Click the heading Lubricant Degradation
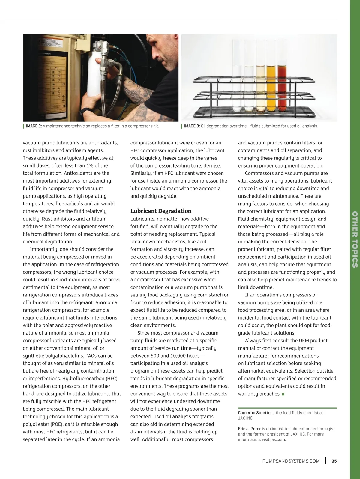click(161, 211)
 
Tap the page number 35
click(334, 461)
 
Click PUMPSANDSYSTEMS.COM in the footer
click(291, 461)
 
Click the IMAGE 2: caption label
click(34, 126)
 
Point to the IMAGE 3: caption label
click(192, 126)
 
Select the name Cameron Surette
click(254, 413)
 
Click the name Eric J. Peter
click(249, 429)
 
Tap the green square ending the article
click(283, 394)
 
